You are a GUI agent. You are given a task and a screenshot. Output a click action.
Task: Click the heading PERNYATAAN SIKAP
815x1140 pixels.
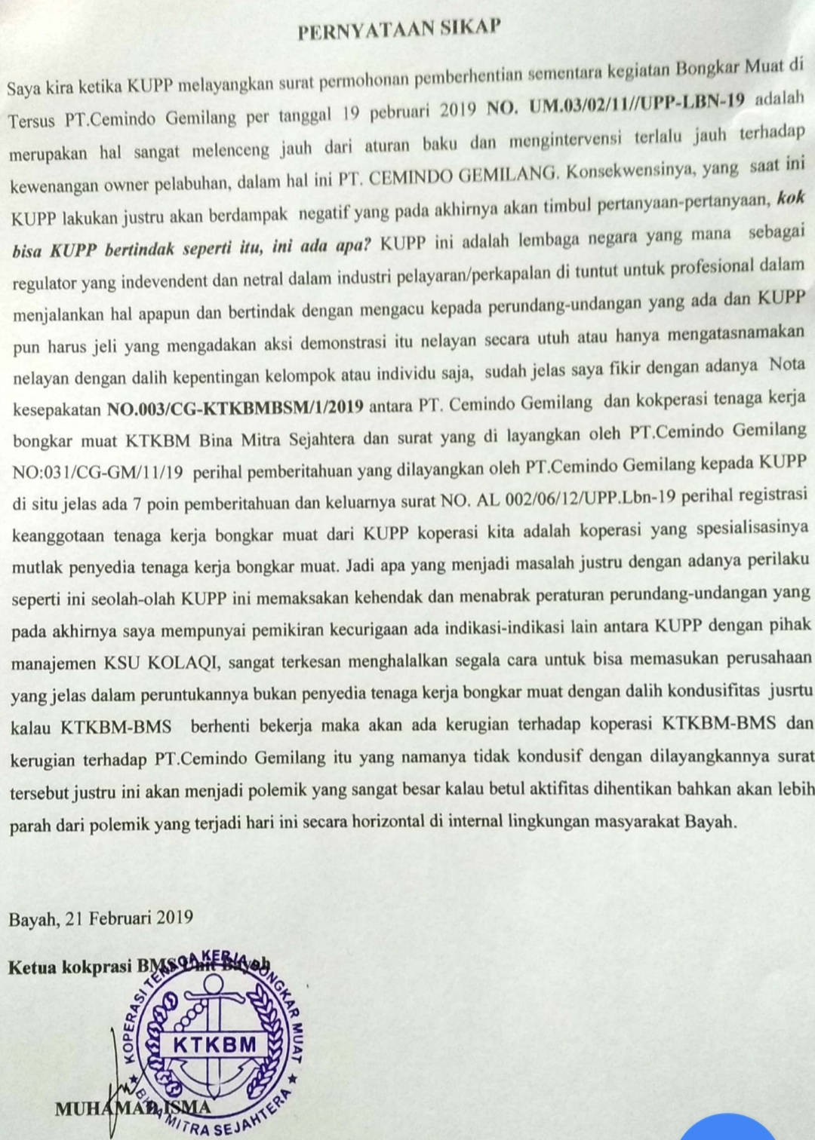pyautogui.click(x=399, y=29)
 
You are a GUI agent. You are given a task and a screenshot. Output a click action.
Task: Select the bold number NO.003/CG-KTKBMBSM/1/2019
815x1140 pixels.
pyautogui.click(x=235, y=408)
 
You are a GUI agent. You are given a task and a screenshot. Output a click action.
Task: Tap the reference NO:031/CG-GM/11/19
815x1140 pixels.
pyautogui.click(x=97, y=473)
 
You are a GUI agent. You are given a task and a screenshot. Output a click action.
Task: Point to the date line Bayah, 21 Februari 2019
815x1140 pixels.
pyautogui.click(x=100, y=918)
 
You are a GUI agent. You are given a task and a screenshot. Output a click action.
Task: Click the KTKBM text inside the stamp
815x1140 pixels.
pyautogui.click(x=214, y=1044)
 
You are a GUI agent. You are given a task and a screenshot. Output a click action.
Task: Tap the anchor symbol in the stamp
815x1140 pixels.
pyautogui.click(x=214, y=1010)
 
